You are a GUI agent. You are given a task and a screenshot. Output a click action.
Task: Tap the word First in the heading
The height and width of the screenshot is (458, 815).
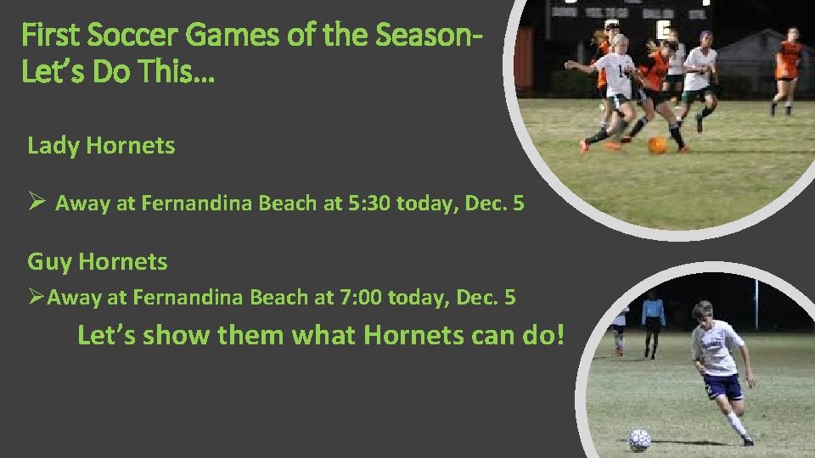[x=51, y=36]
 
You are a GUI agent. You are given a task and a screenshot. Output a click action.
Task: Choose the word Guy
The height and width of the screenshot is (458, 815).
[x=49, y=262]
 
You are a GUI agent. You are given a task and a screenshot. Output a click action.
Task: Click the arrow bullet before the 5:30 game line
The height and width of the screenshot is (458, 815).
[x=36, y=203]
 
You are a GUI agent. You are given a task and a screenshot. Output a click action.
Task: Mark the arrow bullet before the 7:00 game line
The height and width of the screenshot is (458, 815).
[x=36, y=298]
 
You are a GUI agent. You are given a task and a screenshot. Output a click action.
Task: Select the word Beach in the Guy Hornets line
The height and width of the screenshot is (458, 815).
[x=289, y=298]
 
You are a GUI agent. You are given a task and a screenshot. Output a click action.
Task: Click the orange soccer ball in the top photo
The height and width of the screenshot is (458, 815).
[x=657, y=145]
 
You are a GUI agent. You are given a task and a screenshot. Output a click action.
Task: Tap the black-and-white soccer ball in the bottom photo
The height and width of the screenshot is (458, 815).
[x=639, y=438]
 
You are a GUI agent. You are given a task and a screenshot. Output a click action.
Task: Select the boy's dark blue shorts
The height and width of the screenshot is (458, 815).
[x=723, y=386]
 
